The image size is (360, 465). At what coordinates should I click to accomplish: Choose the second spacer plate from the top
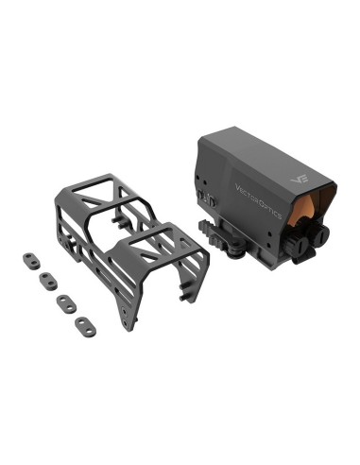coord(45,278)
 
